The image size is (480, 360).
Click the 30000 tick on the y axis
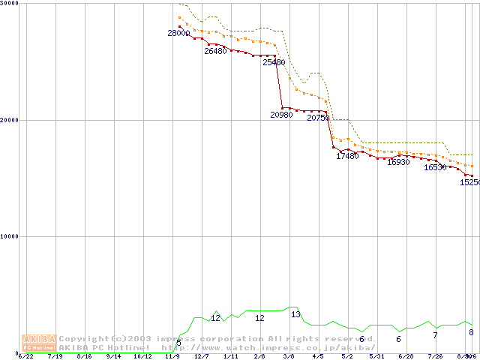pos(9,4)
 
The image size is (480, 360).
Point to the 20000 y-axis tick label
pos(9,120)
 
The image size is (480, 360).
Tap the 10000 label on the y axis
pos(9,236)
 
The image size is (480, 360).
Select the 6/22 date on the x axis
pos(26,357)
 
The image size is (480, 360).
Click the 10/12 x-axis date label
pos(142,357)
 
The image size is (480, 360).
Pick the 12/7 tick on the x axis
pos(201,357)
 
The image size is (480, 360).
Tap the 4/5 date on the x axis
pos(317,357)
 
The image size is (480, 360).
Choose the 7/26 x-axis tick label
pos(435,357)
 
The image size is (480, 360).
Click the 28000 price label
pos(178,34)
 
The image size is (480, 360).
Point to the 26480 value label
pos(215,52)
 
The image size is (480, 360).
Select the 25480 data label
pos(274,63)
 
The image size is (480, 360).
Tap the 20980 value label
pos(281,115)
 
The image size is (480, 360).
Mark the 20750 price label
pos(318,118)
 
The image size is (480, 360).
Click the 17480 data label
pos(347,157)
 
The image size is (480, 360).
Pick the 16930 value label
pos(398,163)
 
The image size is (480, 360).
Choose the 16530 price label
pos(435,168)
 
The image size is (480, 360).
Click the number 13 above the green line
pos(295,314)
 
